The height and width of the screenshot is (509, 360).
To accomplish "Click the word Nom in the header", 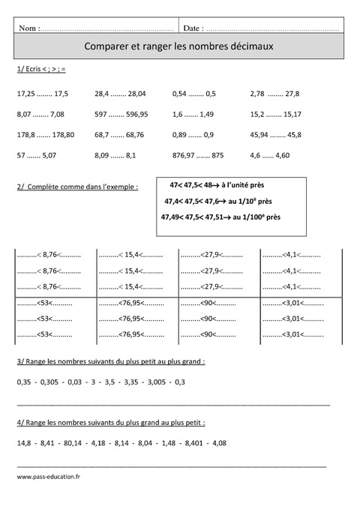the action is pyautogui.click(x=28, y=28).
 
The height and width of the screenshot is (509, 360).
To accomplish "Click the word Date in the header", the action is pyautogui.click(x=191, y=28).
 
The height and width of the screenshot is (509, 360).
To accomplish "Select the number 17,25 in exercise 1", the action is pyautogui.click(x=25, y=94).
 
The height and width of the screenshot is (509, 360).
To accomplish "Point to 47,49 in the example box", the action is pyautogui.click(x=172, y=217).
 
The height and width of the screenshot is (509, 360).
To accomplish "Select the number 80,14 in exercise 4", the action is pyautogui.click(x=76, y=442).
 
